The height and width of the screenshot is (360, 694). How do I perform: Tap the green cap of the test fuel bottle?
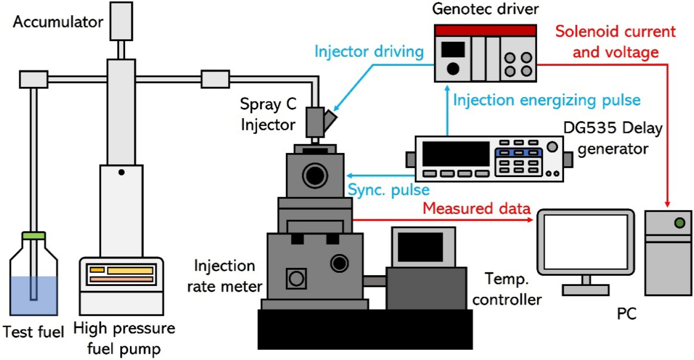34,236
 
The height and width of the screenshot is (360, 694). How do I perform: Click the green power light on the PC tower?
679,224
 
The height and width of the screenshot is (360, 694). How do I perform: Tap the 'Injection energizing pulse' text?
547,101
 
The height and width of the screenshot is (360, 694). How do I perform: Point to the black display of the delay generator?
456,154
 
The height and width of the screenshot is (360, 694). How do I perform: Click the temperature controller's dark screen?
420,247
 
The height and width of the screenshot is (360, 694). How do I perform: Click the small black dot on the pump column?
121,172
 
